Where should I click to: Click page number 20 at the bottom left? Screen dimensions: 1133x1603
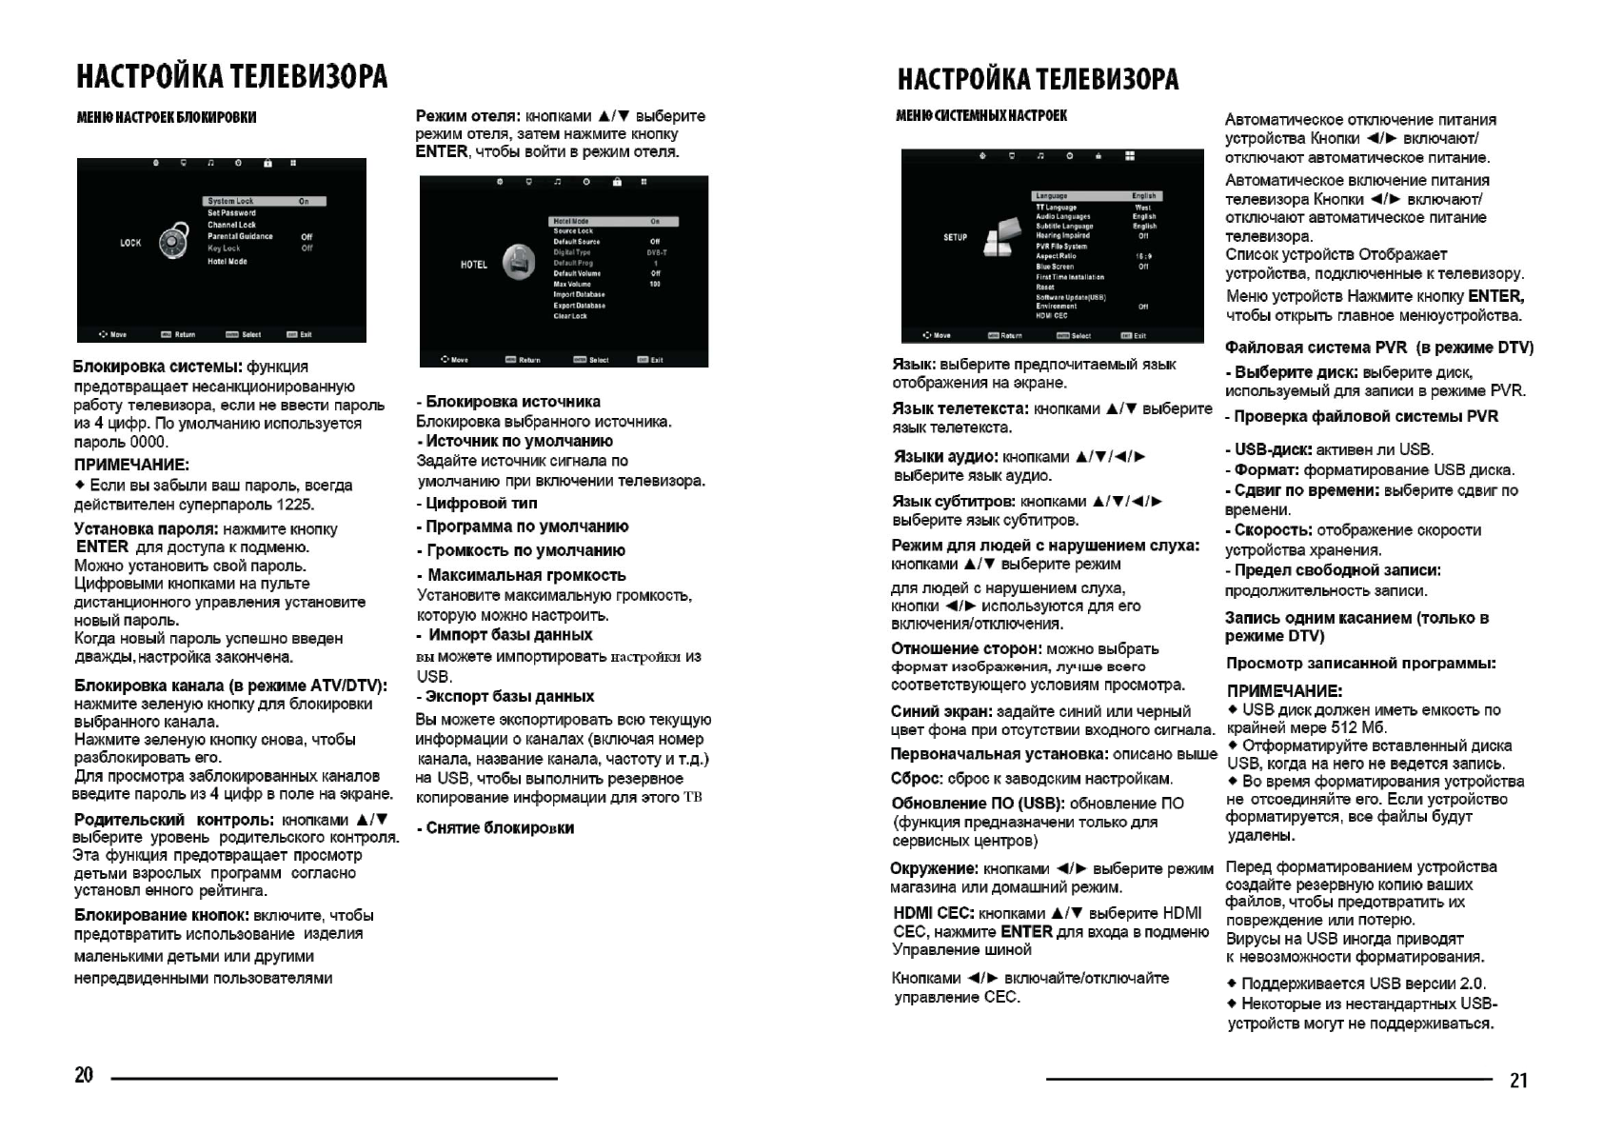[x=84, y=1075]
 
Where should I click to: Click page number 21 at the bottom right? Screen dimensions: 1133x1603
[x=1518, y=1080]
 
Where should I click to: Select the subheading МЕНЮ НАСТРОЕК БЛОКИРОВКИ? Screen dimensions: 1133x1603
[x=167, y=117]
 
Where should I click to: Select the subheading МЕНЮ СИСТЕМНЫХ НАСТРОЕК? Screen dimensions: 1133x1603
[x=980, y=115]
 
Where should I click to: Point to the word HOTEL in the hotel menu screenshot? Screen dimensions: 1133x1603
[x=473, y=265]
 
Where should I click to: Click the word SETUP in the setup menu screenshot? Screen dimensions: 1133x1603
[x=955, y=237]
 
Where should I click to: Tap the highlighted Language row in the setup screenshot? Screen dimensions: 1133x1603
[x=1097, y=196]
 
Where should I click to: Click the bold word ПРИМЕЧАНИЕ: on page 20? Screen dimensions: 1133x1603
[x=131, y=465]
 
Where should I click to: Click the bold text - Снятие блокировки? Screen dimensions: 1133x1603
[x=495, y=827]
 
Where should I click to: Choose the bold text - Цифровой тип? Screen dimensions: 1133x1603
[x=477, y=503]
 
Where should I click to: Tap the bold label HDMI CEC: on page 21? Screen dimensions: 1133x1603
[x=932, y=913]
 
